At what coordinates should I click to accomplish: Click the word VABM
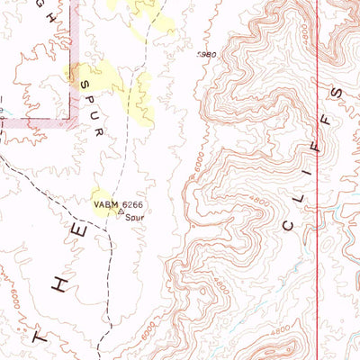[106, 205]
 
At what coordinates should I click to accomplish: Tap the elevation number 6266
[131, 205]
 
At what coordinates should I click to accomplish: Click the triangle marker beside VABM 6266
[120, 214]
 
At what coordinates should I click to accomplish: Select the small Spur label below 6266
[135, 217]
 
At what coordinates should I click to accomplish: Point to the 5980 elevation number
[206, 55]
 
